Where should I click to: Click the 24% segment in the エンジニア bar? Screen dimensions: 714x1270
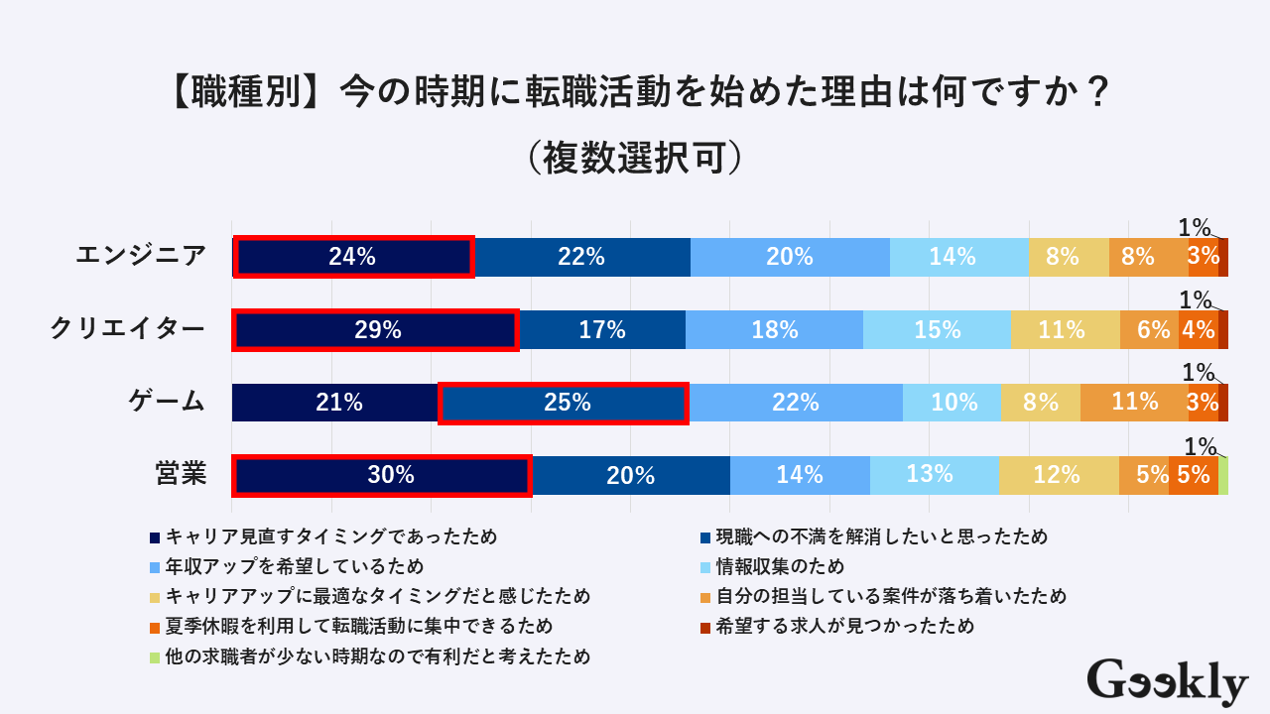click(x=353, y=257)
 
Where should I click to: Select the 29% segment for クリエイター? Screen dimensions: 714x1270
click(x=375, y=330)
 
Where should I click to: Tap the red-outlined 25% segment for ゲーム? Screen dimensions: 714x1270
click(x=563, y=403)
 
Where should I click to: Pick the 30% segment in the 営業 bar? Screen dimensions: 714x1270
click(x=382, y=475)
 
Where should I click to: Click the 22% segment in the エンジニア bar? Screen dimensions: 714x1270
click(x=581, y=257)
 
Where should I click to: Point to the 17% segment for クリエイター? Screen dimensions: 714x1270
click(x=601, y=330)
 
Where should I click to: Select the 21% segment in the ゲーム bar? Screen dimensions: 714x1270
click(x=335, y=403)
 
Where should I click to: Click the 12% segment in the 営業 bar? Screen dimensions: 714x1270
click(x=1058, y=475)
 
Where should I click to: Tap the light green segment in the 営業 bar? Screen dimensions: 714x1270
click(x=1223, y=475)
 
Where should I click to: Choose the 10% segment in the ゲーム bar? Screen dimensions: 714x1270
click(x=952, y=403)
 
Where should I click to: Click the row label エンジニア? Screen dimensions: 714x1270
click(x=142, y=256)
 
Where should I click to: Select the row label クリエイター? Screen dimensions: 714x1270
click(x=128, y=329)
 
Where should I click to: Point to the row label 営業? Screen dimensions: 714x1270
click(x=181, y=474)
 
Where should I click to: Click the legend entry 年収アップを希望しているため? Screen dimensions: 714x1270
click(x=295, y=567)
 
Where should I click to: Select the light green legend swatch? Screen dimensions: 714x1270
click(x=155, y=656)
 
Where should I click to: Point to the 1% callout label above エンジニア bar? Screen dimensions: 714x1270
click(x=1195, y=227)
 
